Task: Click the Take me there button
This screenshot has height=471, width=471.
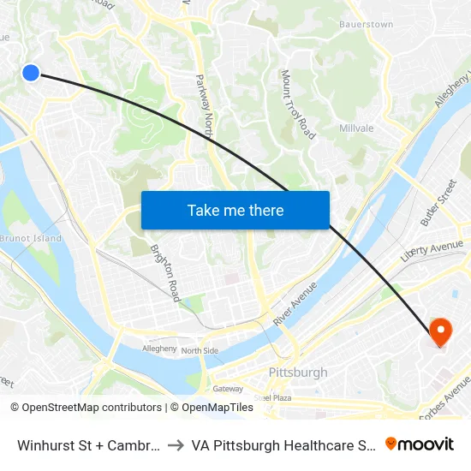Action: (x=235, y=210)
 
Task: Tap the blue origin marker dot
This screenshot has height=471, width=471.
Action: (x=31, y=73)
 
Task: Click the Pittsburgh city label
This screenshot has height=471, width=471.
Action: (x=298, y=373)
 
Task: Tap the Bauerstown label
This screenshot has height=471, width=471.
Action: (x=367, y=24)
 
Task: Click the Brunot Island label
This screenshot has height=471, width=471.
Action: (x=31, y=237)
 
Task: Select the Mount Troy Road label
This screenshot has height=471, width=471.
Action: (x=298, y=104)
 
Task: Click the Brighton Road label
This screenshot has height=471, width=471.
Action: (x=165, y=273)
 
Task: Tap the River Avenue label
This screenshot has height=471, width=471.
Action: (x=296, y=301)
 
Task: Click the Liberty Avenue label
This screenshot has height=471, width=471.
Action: (x=432, y=251)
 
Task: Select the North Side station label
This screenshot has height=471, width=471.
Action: (x=200, y=350)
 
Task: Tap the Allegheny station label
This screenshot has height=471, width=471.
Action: (x=159, y=349)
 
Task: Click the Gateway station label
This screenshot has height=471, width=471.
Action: (x=228, y=388)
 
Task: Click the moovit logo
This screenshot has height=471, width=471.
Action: (x=420, y=444)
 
